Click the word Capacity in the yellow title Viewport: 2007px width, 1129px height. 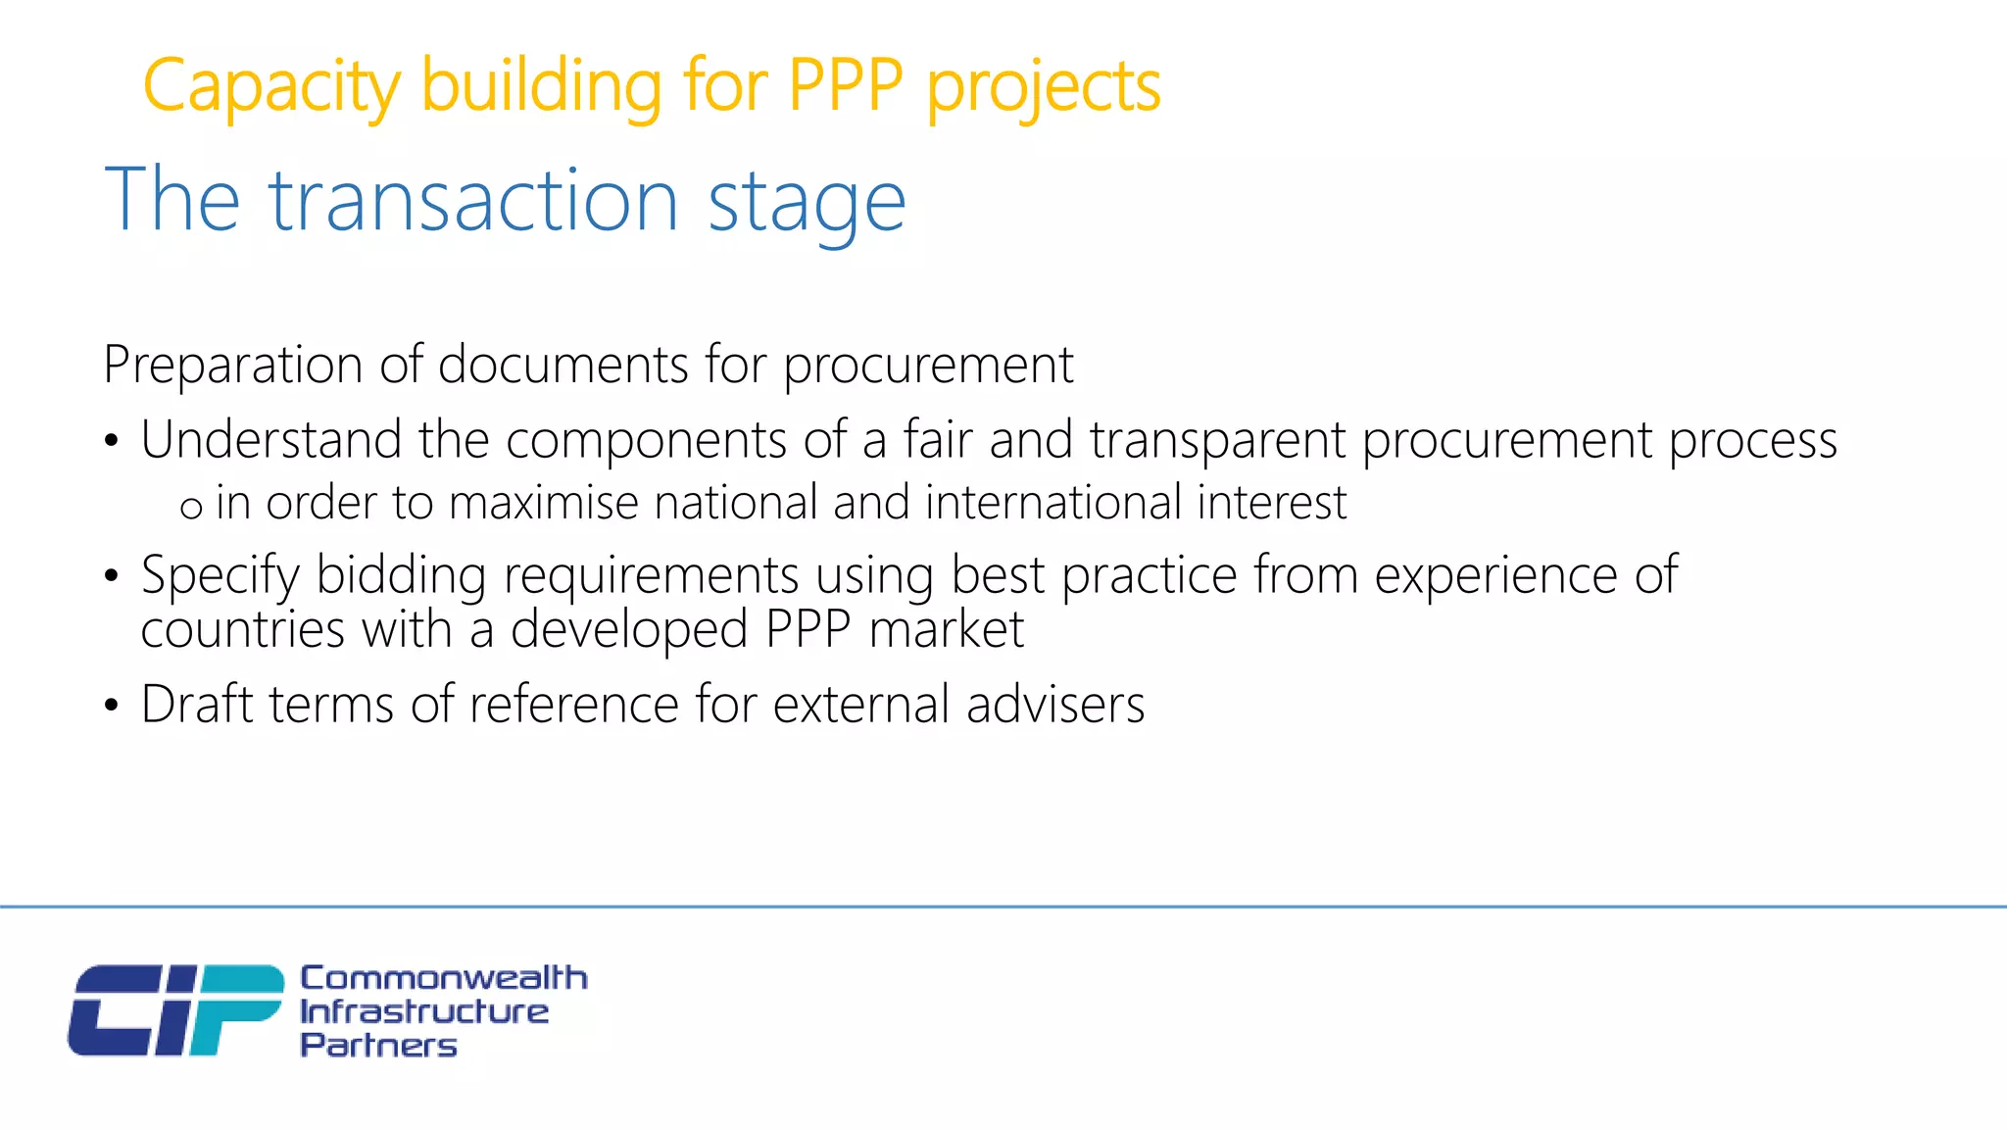271,87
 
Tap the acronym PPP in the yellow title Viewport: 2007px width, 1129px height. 845,85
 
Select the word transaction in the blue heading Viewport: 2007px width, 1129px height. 473,201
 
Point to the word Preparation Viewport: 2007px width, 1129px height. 233,366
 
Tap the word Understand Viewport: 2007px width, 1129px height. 270,439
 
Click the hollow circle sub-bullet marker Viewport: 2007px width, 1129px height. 191,508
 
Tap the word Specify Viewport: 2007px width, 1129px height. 220,576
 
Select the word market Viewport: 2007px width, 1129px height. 946,629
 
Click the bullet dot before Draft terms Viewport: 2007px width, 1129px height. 112,706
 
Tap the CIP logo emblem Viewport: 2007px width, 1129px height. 175,1010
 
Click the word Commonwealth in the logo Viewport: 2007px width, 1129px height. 443,977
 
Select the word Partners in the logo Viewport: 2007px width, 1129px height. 378,1045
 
